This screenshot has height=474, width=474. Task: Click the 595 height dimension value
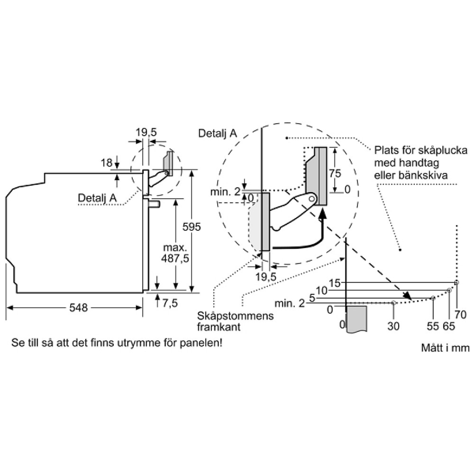pos(192,227)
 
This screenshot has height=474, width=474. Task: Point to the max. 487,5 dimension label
pos(176,253)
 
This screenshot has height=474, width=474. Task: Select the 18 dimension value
pos(106,163)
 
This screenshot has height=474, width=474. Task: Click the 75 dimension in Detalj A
pos(335,173)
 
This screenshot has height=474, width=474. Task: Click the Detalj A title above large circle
pos(218,134)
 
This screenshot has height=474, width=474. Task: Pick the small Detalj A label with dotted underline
pos(97,198)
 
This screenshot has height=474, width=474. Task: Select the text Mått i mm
pos(445,348)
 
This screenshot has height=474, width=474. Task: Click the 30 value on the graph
pos(393,326)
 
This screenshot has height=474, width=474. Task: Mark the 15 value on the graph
pos(335,283)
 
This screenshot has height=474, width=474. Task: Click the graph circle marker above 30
pos(393,302)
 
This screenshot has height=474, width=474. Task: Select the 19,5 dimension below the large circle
pos(265,277)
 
